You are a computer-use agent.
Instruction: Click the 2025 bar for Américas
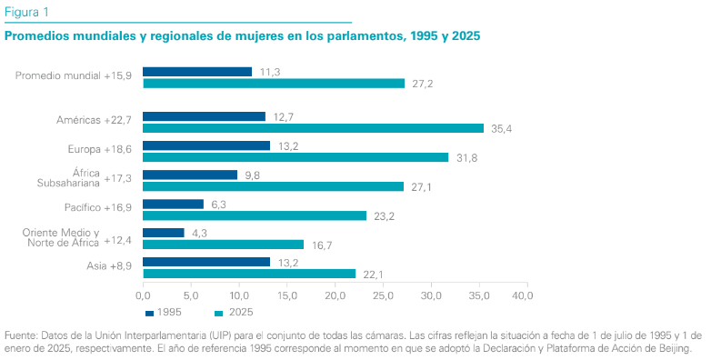pyautogui.click(x=313, y=128)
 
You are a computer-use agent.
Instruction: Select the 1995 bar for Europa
pyautogui.click(x=206, y=145)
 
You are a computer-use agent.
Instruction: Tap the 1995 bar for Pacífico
pyautogui.click(x=173, y=204)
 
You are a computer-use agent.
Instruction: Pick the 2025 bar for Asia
pyautogui.click(x=249, y=274)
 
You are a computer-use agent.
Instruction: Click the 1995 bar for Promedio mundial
pyautogui.click(x=197, y=72)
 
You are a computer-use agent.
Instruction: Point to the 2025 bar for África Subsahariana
pyautogui.click(x=273, y=186)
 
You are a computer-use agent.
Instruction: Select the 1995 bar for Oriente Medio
pyautogui.click(x=164, y=233)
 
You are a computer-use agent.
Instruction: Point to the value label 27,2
pyautogui.click(x=423, y=84)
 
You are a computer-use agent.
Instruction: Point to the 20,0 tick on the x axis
pyautogui.click(x=335, y=295)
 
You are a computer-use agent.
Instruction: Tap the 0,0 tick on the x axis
pyautogui.click(x=144, y=295)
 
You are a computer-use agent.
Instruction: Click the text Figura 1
pyautogui.click(x=27, y=11)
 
